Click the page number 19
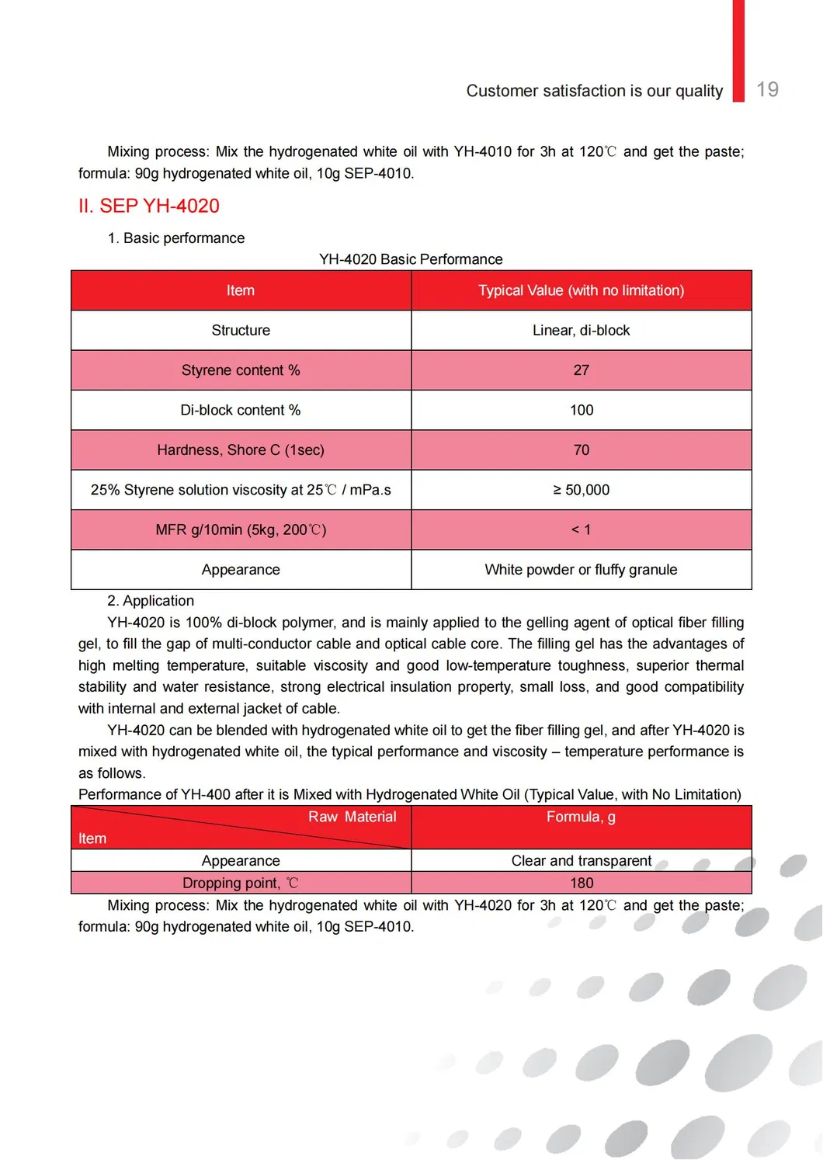pos(767,90)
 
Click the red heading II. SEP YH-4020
pos(149,206)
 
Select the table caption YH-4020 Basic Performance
pos(411,259)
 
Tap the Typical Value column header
pos(581,290)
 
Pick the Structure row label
pos(241,330)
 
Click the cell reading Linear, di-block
pos(581,330)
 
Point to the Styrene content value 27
pos(581,370)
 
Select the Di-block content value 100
pos(581,410)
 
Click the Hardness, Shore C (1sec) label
pos(241,450)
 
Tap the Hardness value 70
pos(581,450)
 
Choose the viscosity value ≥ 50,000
pos(581,490)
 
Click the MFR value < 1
pos(581,529)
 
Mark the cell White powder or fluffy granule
pos(581,570)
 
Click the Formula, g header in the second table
pos(581,817)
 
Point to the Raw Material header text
pos(352,817)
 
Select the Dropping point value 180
pos(581,883)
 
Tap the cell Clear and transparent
pos(581,860)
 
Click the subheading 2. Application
pos(151,601)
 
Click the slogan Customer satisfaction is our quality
pos(594,91)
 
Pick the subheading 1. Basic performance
pos(176,238)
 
